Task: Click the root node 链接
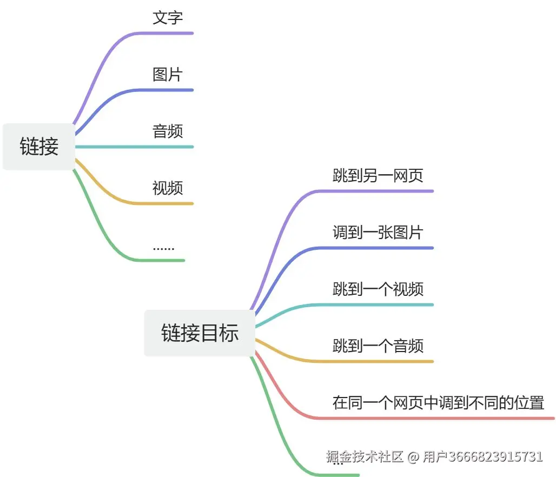39,147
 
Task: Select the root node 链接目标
200,333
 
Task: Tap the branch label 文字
168,18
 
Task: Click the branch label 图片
168,75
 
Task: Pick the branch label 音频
168,131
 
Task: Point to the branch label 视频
168,188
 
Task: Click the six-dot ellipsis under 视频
163,248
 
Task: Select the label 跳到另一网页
378,176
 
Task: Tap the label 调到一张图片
378,233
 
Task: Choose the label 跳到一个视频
378,289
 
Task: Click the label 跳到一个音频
378,346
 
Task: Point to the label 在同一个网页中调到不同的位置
438,403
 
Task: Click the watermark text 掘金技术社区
365,457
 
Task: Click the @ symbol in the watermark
413,457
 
